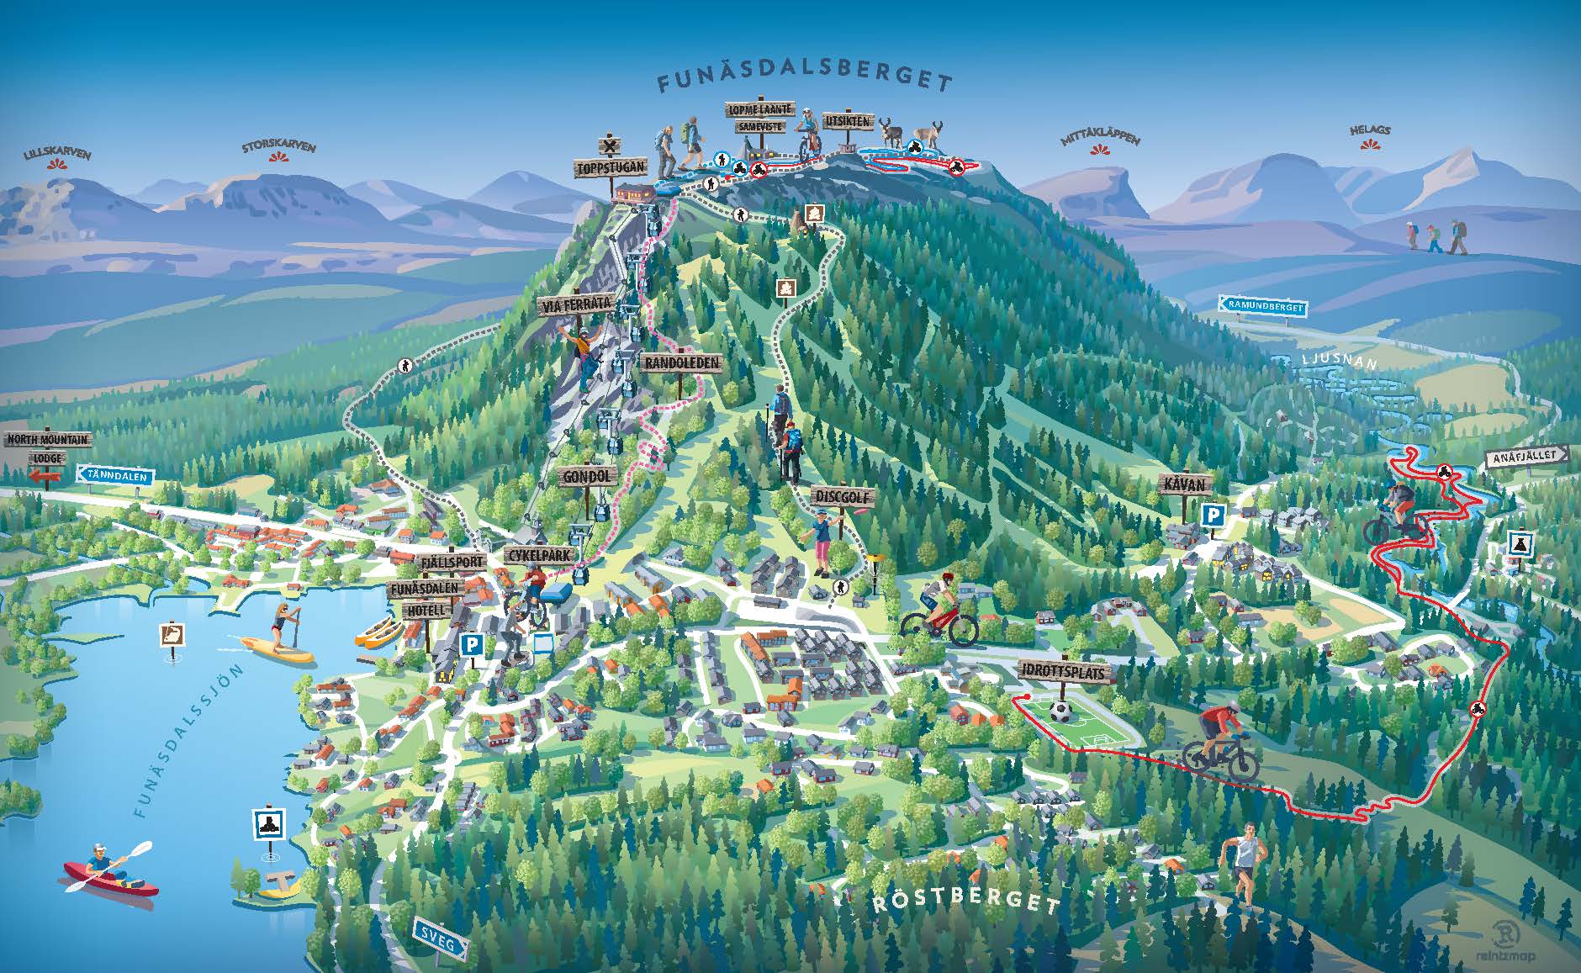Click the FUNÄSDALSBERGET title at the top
click(805, 82)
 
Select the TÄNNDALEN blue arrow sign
click(116, 476)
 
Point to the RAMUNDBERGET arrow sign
click(1262, 307)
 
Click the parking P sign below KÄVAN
click(1212, 516)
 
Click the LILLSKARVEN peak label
click(57, 155)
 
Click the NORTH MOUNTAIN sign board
click(47, 440)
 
